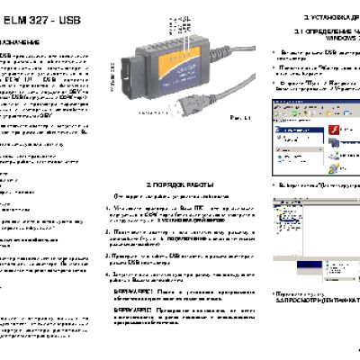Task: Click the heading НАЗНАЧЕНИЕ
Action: [21, 42]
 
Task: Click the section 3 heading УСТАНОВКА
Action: [325, 17]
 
